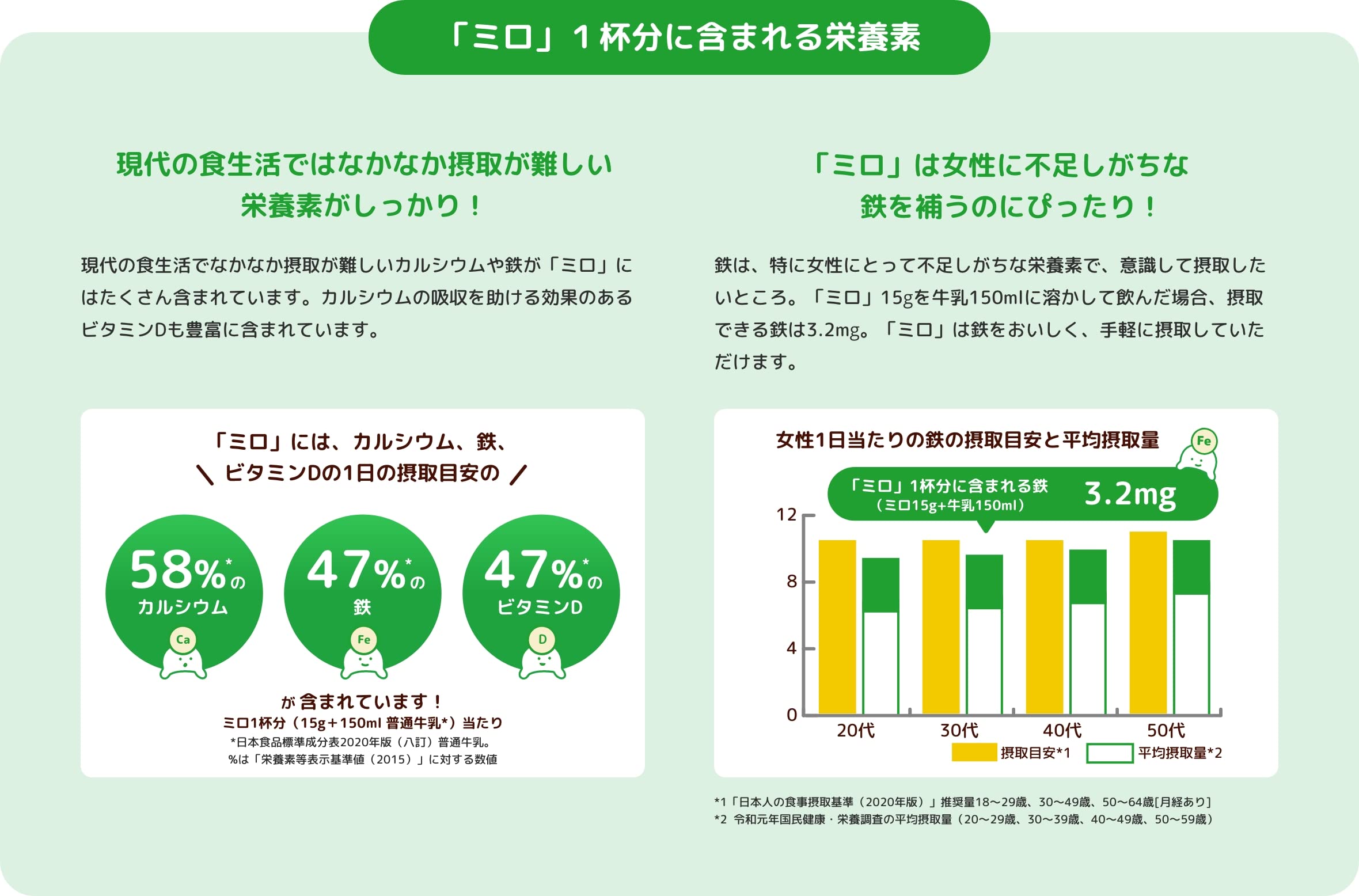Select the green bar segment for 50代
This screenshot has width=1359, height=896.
click(1191, 567)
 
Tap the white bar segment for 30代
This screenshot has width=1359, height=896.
click(984, 661)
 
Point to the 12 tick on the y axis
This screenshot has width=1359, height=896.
click(787, 514)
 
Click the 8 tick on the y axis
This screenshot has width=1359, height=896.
click(792, 582)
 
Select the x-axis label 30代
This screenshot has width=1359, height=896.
click(959, 730)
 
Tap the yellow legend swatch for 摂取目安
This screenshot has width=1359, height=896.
click(974, 752)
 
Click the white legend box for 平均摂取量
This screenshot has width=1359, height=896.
click(1109, 753)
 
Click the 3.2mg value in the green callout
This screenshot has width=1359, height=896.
click(1130, 494)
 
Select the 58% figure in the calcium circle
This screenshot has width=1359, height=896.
click(177, 570)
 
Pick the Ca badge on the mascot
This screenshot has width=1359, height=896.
click(183, 640)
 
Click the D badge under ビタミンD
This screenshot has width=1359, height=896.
click(542, 639)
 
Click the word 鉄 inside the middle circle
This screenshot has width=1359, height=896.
click(362, 607)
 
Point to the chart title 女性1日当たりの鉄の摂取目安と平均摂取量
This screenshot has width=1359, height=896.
click(967, 440)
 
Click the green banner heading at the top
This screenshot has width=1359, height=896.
click(679, 37)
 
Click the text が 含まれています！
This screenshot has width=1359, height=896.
click(362, 701)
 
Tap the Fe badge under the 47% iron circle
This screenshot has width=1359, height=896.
click(363, 640)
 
